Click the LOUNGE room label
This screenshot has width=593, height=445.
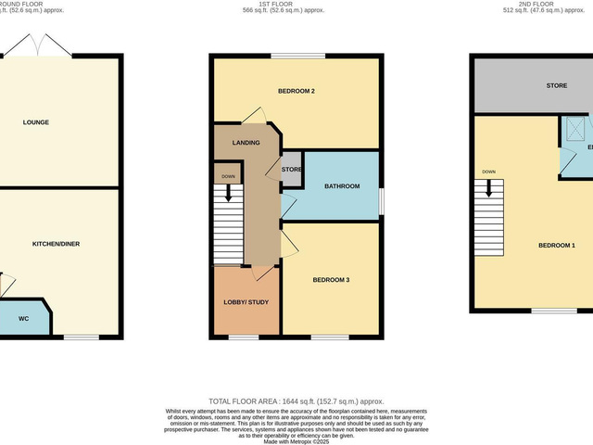pyautogui.click(x=37, y=122)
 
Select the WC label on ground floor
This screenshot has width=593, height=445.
pyautogui.click(x=23, y=319)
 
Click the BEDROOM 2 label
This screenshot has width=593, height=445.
pyautogui.click(x=297, y=91)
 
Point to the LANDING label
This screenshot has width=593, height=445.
pyautogui.click(x=246, y=143)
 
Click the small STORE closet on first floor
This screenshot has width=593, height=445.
pyautogui.click(x=292, y=170)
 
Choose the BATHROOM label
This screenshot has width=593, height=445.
pyautogui.click(x=341, y=186)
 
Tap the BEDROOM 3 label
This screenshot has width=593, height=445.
pyautogui.click(x=332, y=280)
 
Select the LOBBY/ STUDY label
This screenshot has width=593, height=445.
pyautogui.click(x=246, y=302)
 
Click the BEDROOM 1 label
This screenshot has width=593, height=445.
pyautogui.click(x=557, y=245)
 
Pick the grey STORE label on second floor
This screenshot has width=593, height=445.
pyautogui.click(x=556, y=86)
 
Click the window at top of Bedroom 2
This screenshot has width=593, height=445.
pyautogui.click(x=297, y=57)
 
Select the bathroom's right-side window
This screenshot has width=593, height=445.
pyautogui.click(x=381, y=199)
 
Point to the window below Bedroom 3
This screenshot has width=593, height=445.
pyautogui.click(x=331, y=337)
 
